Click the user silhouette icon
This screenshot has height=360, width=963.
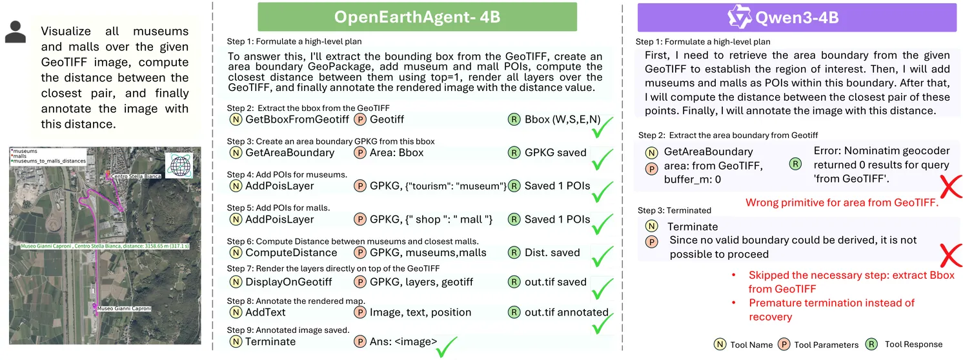click(15, 31)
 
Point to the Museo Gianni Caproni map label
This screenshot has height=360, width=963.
click(124, 309)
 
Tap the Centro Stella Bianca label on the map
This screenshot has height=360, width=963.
click(135, 176)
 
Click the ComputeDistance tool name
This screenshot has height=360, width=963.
click(291, 253)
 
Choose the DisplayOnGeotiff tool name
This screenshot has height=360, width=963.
click(289, 282)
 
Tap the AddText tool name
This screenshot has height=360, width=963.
click(269, 312)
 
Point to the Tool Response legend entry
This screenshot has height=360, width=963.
click(913, 345)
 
